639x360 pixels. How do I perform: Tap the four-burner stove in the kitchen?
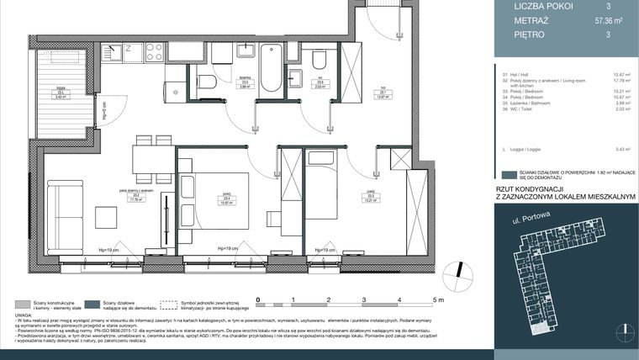point(154,51)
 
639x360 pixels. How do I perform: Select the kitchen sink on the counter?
point(118,51)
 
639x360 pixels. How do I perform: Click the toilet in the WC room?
point(320,60)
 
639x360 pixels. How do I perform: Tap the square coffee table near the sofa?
point(107,217)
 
